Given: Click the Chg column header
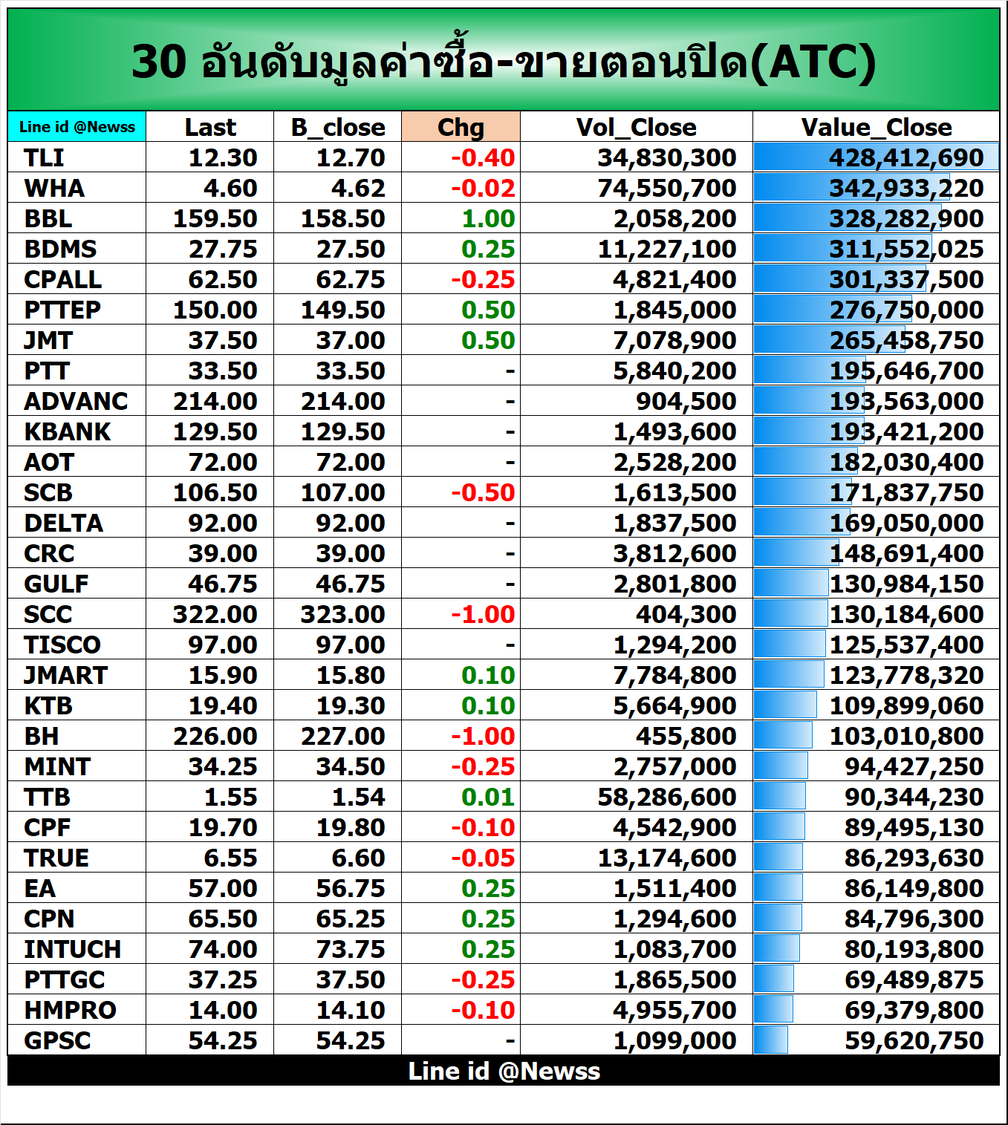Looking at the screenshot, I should tap(461, 127).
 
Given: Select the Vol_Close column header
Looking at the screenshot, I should tap(636, 127).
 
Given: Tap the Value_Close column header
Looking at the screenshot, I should tap(876, 127).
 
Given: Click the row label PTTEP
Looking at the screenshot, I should tap(62, 310).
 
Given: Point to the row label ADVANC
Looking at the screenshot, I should tap(76, 401).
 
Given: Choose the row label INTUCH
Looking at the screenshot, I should tap(72, 949).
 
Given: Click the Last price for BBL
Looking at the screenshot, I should tap(215, 218).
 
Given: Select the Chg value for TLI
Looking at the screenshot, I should tap(483, 157).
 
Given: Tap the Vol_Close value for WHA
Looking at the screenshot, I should tap(666, 188).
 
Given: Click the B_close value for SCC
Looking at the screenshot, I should tap(342, 614).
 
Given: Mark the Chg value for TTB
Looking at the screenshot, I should tap(487, 797).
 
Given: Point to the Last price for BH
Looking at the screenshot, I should tap(215, 736).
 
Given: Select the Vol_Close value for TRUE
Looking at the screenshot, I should tap(666, 858).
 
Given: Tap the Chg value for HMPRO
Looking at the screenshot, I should tap(483, 1010).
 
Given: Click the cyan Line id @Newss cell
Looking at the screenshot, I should tap(77, 127).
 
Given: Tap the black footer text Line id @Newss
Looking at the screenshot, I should tap(504, 1071).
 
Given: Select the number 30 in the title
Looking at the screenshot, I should tap(158, 62).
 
